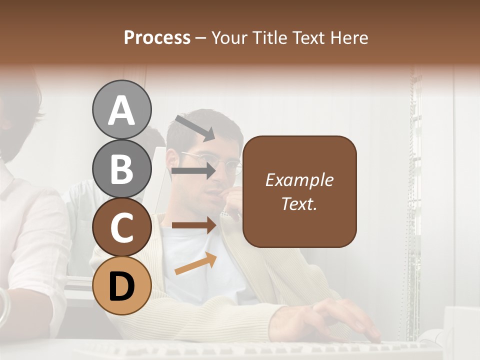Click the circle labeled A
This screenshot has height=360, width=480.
tap(121, 109)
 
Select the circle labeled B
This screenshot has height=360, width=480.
tap(121, 168)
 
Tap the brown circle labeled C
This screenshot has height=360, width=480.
tap(121, 227)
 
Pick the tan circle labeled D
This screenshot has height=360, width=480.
tap(121, 285)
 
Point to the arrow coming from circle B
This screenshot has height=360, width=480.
tap(193, 171)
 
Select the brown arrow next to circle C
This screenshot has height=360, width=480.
tap(193, 225)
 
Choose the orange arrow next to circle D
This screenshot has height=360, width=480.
tap(195, 263)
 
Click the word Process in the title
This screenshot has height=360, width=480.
tap(157, 37)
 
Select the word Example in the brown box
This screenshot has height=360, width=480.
tap(299, 180)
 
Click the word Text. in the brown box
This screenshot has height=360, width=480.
tap(299, 203)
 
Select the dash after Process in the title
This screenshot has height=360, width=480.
tap(200, 38)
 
